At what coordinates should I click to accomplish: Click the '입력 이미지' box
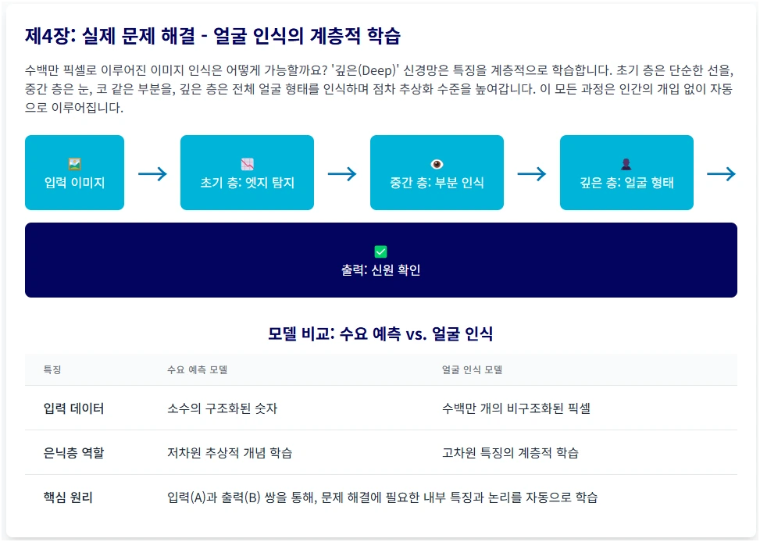[x=74, y=173]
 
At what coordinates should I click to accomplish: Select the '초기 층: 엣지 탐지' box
[x=247, y=173]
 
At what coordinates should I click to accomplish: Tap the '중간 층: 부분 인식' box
[x=437, y=173]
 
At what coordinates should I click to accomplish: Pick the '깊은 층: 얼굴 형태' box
[x=626, y=173]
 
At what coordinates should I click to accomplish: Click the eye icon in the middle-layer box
[x=437, y=164]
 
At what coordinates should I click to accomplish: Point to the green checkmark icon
[x=380, y=251]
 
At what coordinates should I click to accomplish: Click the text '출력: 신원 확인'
[x=380, y=270]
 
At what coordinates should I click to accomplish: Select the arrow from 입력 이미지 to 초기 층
[x=152, y=174]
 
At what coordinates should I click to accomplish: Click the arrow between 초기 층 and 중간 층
[x=342, y=174]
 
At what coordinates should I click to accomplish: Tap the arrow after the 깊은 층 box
[x=721, y=174]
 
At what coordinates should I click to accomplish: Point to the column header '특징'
[x=52, y=369]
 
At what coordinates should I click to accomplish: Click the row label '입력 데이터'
[x=73, y=408]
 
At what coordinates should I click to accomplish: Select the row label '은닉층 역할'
[x=73, y=453]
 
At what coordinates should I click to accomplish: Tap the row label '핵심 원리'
[x=68, y=497]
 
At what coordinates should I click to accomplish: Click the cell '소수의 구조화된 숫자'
[x=223, y=408]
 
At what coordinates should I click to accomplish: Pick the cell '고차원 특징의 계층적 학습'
[x=510, y=453]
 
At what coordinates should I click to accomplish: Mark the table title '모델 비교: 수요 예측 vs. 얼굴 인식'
[x=380, y=334]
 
